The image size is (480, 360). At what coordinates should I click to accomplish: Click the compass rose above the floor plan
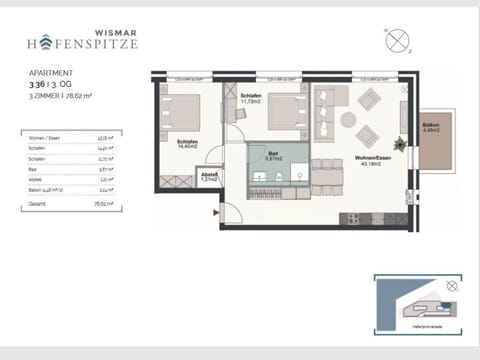pos(401,44)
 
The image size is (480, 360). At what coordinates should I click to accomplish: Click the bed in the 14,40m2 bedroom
pos(180,112)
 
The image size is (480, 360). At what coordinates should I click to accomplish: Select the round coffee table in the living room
pos(347,119)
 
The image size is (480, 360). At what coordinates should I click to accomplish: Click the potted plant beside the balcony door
pos(402,143)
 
